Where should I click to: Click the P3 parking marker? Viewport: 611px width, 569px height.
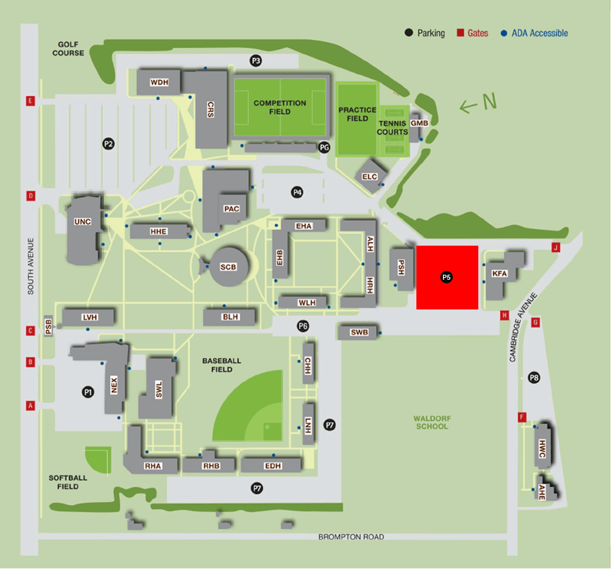(x=256, y=61)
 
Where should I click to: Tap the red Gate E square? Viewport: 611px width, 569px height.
(x=30, y=101)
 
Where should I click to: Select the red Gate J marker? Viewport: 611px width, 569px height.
(x=556, y=247)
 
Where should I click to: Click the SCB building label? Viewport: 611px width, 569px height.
(x=228, y=267)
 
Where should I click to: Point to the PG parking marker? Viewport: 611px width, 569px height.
(x=325, y=147)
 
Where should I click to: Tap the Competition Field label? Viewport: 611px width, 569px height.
(x=280, y=107)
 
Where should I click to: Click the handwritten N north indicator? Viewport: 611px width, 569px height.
(x=478, y=104)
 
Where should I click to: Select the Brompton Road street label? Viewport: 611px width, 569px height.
(x=351, y=537)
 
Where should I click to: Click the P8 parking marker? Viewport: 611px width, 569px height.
(x=535, y=378)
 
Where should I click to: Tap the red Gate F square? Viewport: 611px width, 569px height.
(x=522, y=417)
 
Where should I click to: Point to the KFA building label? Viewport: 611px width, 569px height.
(x=500, y=274)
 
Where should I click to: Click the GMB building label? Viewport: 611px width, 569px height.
(x=419, y=123)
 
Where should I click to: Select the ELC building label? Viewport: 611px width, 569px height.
(x=370, y=176)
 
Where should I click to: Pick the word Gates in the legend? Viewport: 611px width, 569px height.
(x=478, y=33)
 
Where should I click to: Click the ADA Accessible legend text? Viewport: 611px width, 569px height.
(x=539, y=33)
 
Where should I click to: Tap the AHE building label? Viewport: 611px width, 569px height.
(x=541, y=496)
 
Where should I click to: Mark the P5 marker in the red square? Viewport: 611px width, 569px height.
(x=447, y=277)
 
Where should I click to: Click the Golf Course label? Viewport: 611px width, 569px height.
(x=71, y=49)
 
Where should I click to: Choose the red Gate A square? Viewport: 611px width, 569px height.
(x=30, y=406)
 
